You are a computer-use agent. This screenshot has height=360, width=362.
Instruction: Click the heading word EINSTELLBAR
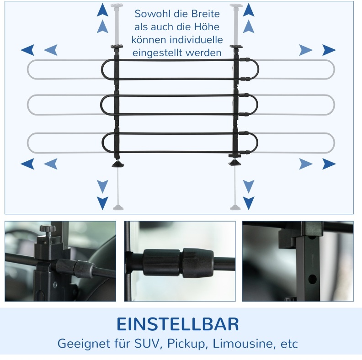point(177,324)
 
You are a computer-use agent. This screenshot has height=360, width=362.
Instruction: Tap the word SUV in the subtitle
point(147,344)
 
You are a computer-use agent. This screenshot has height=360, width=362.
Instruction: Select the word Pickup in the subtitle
point(186,344)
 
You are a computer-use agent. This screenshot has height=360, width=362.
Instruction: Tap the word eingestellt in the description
point(158,53)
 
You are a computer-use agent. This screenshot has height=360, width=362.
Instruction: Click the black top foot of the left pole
point(117,47)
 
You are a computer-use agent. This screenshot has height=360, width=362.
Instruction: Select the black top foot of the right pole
point(236,47)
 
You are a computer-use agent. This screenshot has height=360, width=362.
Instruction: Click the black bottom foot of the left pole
point(118,164)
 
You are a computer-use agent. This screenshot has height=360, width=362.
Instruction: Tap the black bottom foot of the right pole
point(234,163)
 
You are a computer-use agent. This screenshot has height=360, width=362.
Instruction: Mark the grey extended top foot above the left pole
point(117,5)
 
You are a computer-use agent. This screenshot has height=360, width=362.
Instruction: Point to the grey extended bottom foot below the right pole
point(235,208)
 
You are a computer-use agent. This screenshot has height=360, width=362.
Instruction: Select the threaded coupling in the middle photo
point(178,263)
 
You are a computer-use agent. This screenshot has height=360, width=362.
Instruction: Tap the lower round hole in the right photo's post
point(312,279)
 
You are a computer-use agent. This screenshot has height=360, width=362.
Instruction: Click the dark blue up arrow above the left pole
point(102,10)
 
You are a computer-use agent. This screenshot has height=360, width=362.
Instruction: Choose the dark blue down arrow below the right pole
point(249,203)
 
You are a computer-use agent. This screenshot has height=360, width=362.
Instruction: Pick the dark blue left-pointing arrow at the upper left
point(27,50)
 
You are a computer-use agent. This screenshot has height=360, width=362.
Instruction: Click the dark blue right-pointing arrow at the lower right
point(329,164)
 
